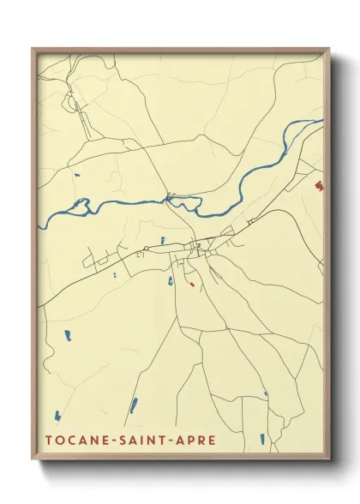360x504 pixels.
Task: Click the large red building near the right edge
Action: click(318, 183)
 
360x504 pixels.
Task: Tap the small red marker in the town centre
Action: click(193, 284)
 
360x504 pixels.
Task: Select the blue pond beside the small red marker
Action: click(171, 279)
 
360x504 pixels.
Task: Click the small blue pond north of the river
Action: click(77, 176)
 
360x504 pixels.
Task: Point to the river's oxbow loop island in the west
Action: click(81, 205)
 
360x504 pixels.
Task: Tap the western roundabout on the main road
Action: click(147, 249)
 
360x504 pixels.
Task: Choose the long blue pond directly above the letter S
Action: click(133, 405)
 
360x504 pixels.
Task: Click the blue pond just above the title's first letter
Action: click(57, 417)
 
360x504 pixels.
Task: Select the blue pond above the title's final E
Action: click(261, 439)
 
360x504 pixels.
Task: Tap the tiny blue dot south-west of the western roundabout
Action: click(114, 275)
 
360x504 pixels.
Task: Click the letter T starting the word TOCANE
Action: click(48, 441)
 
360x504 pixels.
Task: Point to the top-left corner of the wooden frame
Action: click(33, 49)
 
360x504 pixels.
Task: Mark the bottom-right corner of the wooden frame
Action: click(329, 460)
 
